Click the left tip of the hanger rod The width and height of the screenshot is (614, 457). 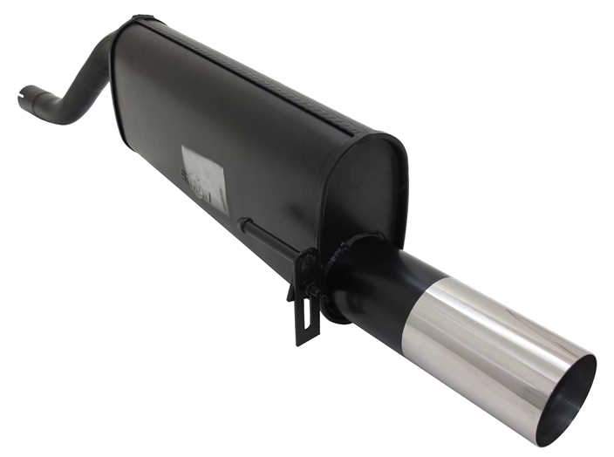242,223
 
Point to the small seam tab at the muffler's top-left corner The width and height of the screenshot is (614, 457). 140,18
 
